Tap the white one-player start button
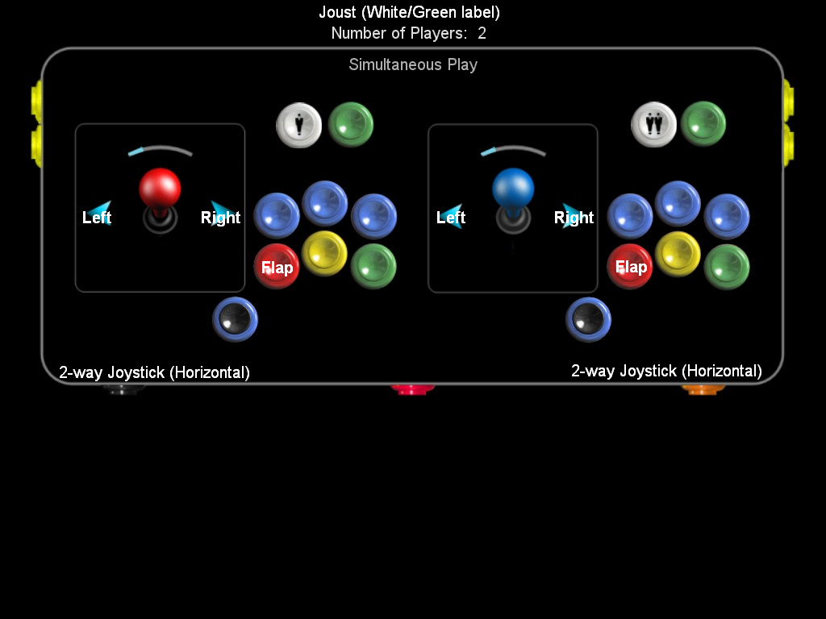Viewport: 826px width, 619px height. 299,125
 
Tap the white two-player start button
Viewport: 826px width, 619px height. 654,125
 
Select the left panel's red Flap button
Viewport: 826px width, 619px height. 277,267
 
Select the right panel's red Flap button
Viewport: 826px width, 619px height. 630,267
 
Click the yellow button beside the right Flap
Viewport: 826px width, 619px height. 678,254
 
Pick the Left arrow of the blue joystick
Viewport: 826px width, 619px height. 453,214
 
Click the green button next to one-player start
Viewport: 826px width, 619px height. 351,124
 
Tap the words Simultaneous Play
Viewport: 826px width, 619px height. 413,64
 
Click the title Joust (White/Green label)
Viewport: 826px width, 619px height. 410,12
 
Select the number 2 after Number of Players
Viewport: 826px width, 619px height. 482,34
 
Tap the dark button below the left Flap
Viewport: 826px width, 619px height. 235,320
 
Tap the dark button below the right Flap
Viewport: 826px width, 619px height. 588,320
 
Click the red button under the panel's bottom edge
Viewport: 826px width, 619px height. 413,389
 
